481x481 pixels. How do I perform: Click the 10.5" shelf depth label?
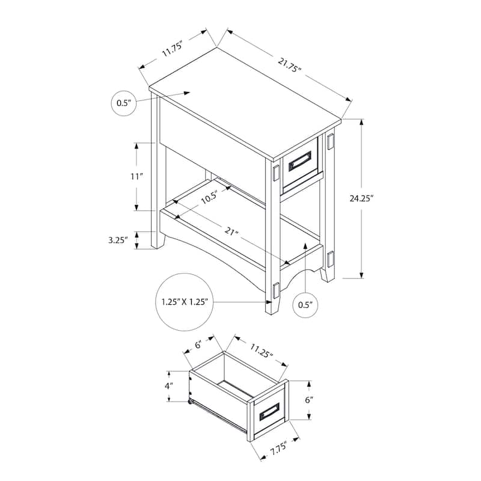[209, 198]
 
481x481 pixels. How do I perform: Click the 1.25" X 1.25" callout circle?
[185, 302]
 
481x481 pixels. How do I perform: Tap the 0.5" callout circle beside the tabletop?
[123, 103]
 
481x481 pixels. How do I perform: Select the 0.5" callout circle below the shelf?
[305, 305]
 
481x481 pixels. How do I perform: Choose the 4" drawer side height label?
[170, 385]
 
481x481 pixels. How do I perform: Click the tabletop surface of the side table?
[240, 96]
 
